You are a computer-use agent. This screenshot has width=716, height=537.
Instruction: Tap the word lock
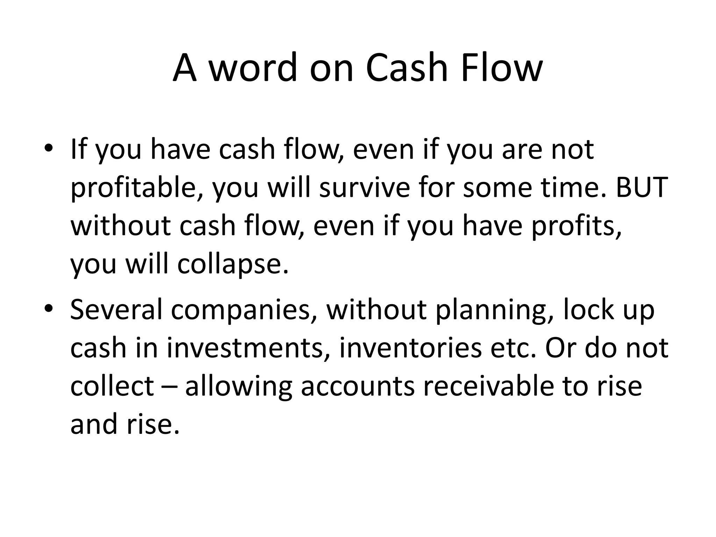coord(589,309)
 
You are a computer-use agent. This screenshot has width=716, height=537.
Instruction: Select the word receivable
coord(488,386)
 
